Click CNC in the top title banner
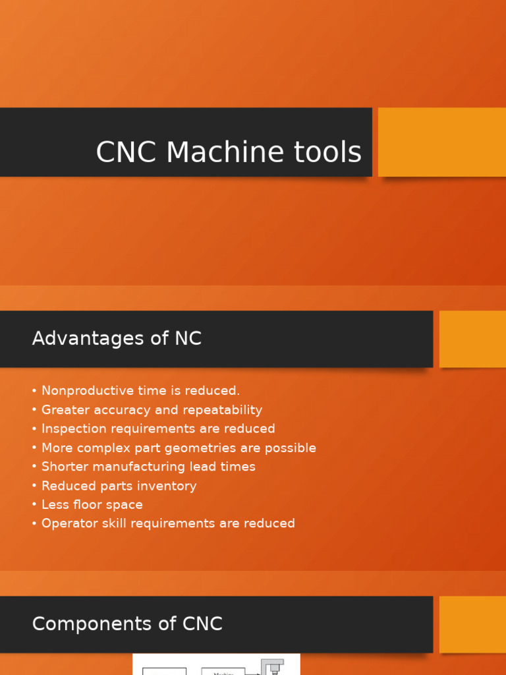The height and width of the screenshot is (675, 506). (x=128, y=152)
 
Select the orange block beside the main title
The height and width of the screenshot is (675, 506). (x=441, y=142)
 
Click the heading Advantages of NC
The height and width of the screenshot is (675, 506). (x=117, y=339)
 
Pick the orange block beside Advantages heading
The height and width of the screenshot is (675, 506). (x=472, y=339)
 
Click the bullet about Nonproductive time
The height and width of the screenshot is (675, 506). (x=140, y=391)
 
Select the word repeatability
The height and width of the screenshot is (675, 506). (x=222, y=410)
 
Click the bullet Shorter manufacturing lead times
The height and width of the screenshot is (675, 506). (x=148, y=467)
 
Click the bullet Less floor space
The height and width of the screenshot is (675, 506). (x=92, y=505)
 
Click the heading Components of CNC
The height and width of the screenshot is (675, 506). (x=127, y=624)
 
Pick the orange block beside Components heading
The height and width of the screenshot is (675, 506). (x=472, y=624)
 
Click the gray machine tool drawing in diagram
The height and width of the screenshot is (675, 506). (x=272, y=666)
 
